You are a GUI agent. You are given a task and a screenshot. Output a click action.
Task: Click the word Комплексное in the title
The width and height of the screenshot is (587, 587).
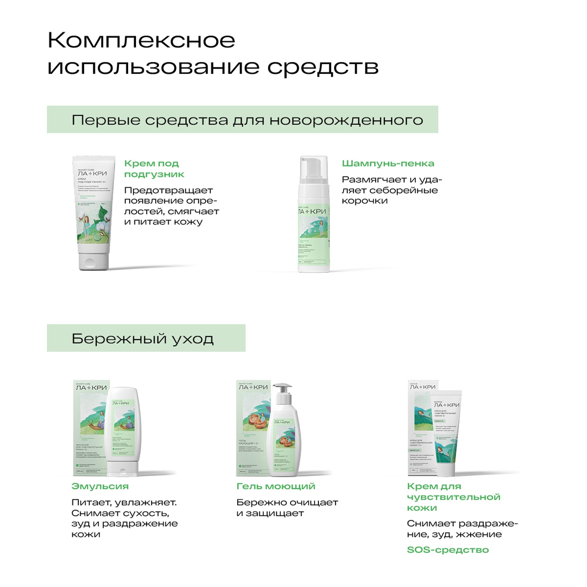pyautogui.click(x=141, y=41)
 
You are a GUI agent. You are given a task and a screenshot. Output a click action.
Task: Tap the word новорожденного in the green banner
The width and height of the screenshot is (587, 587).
pyautogui.click(x=346, y=120)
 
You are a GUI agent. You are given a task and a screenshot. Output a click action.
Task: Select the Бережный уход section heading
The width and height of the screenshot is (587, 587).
pyautogui.click(x=143, y=338)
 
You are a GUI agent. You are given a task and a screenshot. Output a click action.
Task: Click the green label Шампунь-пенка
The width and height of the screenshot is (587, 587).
pyautogui.click(x=388, y=163)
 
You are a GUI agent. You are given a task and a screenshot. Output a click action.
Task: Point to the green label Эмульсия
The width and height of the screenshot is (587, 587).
pyautogui.click(x=100, y=486)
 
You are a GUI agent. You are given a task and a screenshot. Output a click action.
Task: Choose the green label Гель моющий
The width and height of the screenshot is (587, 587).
pyautogui.click(x=276, y=486)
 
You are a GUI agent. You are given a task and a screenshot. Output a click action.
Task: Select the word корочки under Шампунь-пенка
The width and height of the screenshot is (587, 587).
pyautogui.click(x=365, y=201)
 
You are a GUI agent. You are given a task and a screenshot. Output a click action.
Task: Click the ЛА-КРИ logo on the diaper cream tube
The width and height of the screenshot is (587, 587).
pyautogui.click(x=92, y=173)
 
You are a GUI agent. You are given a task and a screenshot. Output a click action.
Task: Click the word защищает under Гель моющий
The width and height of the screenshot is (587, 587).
pyautogui.click(x=275, y=513)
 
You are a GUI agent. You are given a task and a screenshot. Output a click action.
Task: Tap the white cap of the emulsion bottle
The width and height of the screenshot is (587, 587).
pyautogui.click(x=123, y=468)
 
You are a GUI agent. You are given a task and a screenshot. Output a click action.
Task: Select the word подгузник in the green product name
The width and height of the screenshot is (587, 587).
pyautogui.click(x=154, y=174)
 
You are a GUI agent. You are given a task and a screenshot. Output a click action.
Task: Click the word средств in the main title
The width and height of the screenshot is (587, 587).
pyautogui.click(x=323, y=67)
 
